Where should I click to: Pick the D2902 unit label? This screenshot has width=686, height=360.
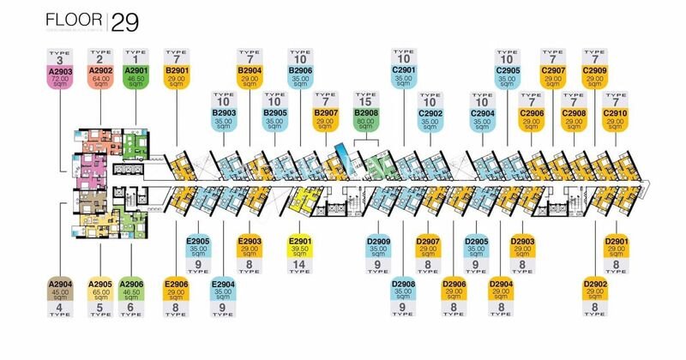[x=593, y=288]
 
